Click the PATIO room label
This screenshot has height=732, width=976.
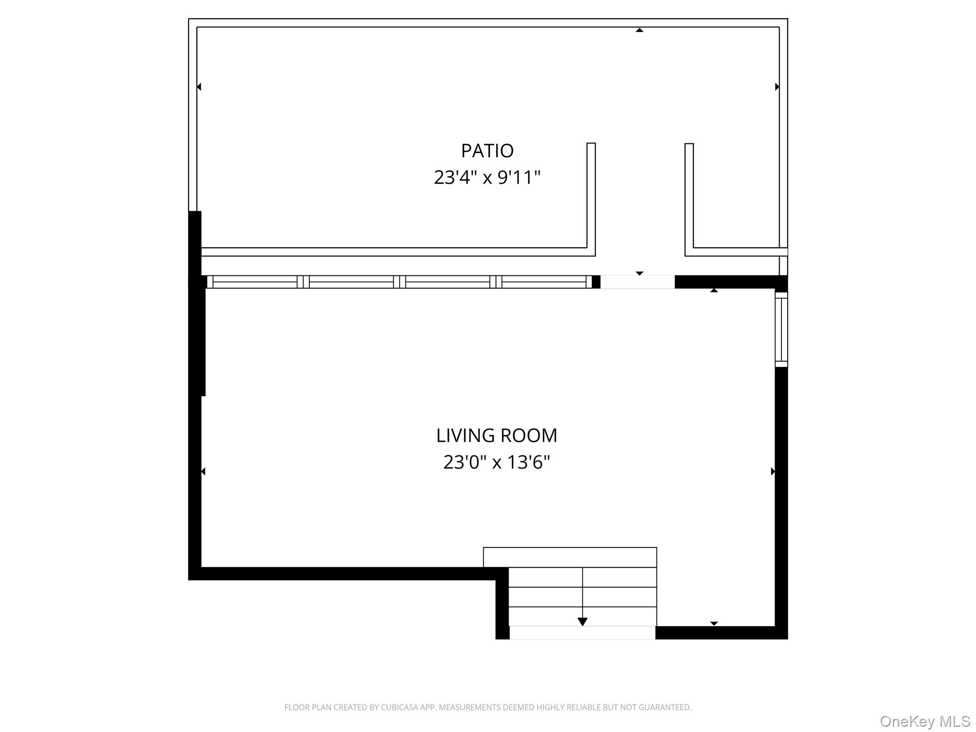coord(487,151)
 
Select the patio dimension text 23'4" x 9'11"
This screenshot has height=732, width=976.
coord(487,178)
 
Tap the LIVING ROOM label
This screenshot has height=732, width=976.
coord(497,436)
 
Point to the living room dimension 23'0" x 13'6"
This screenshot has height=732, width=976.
coord(497,462)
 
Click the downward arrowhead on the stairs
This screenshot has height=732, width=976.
coord(582,621)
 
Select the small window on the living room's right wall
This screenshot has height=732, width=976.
coord(781,329)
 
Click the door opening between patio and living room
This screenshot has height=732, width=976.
coord(637,282)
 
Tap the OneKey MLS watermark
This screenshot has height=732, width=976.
coord(925,722)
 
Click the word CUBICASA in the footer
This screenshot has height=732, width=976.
coord(399,708)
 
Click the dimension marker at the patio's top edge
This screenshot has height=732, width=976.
coord(640,30)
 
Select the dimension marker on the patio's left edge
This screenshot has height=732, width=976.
coord(199,87)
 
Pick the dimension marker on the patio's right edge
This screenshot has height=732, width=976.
coord(777,87)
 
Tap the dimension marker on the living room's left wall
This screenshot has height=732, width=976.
coord(203,471)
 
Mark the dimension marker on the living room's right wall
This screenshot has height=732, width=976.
coord(773,471)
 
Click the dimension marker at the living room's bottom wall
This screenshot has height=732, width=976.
coord(714,623)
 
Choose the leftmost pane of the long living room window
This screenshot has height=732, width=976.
coord(255,282)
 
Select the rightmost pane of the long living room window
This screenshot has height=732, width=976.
coord(544,282)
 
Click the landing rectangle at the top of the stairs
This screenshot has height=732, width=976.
coord(570,557)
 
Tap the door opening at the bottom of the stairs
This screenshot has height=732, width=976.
coord(582,633)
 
